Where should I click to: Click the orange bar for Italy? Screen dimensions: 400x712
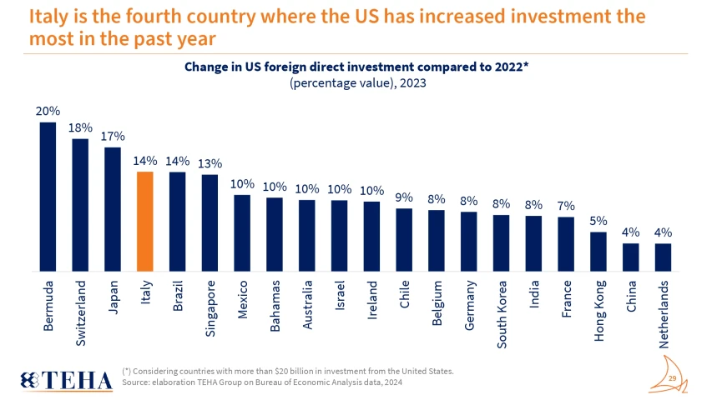pyautogui.click(x=144, y=222)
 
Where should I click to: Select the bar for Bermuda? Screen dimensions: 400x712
pyautogui.click(x=48, y=197)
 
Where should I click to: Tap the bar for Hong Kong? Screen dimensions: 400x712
pyautogui.click(x=598, y=252)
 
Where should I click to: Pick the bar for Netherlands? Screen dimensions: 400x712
pyautogui.click(x=663, y=257)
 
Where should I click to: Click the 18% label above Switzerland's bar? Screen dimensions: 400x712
pyautogui.click(x=80, y=127)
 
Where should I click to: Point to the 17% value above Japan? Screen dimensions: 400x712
pyautogui.click(x=113, y=137)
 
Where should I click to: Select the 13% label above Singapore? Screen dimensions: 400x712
pyautogui.click(x=210, y=163)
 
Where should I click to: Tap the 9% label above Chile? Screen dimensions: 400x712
pyautogui.click(x=404, y=197)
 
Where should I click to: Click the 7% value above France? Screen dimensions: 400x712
pyautogui.click(x=566, y=206)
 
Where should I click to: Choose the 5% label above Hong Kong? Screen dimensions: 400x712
pyautogui.click(x=598, y=221)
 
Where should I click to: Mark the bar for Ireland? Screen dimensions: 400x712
pyautogui.click(x=371, y=237)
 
